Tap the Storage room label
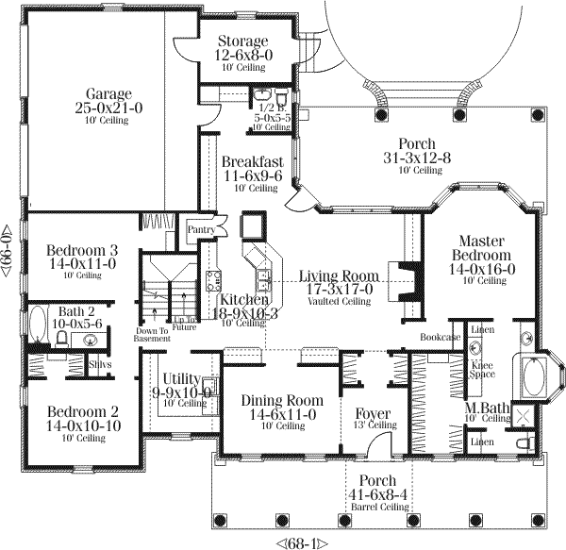coord(242,42)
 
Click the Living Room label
coord(338,275)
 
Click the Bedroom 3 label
coord(82,250)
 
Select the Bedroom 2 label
coord(82,411)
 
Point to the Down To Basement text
coord(152,336)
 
